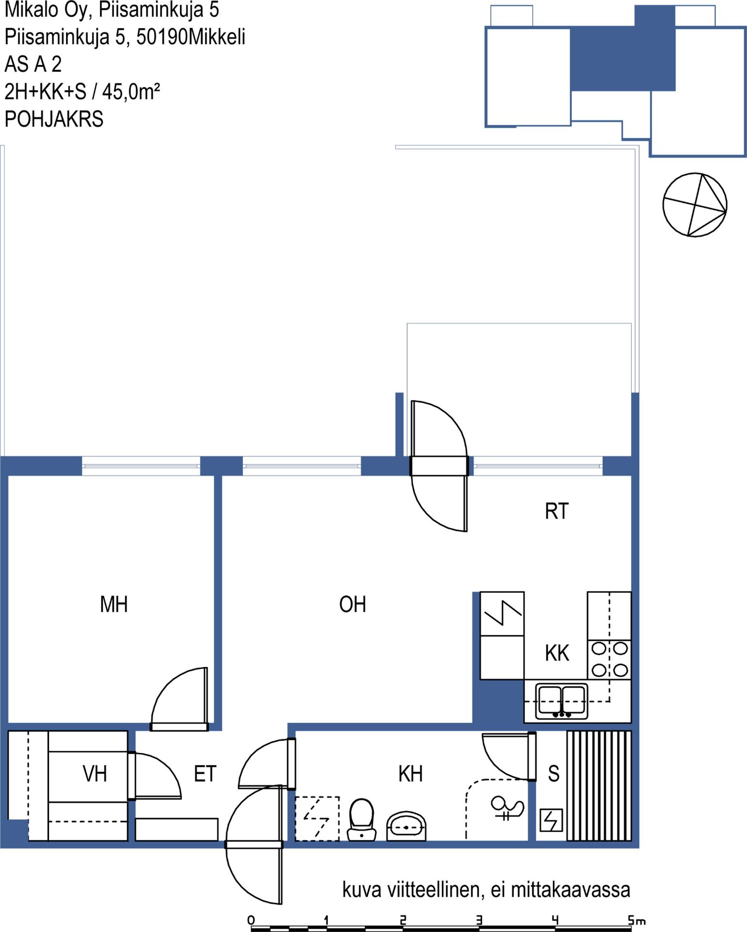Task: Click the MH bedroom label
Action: pyautogui.click(x=114, y=604)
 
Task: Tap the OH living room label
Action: pyautogui.click(x=353, y=604)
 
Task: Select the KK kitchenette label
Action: pyautogui.click(x=557, y=653)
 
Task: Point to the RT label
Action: pyautogui.click(x=556, y=511)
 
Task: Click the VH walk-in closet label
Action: pyautogui.click(x=95, y=774)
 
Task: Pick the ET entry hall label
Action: pyautogui.click(x=205, y=774)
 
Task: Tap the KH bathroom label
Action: pyautogui.click(x=410, y=774)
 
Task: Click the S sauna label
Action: pyautogui.click(x=553, y=774)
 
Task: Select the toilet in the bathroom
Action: pyautogui.click(x=362, y=819)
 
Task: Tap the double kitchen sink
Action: pyautogui.click(x=562, y=701)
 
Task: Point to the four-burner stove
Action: pyautogui.click(x=610, y=660)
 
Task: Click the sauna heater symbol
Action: pyautogui.click(x=551, y=820)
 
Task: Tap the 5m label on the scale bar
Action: pyautogui.click(x=637, y=920)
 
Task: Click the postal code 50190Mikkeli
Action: pyautogui.click(x=191, y=37)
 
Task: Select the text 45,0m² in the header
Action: pyautogui.click(x=131, y=91)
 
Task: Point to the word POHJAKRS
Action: pyautogui.click(x=54, y=119)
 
